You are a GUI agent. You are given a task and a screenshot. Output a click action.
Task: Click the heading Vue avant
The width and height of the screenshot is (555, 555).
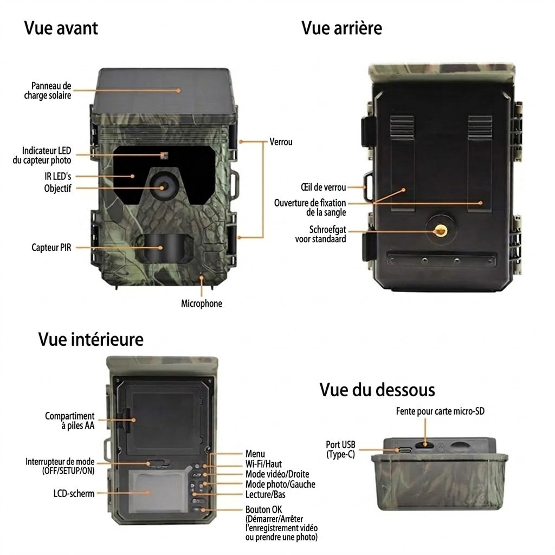pos(61,28)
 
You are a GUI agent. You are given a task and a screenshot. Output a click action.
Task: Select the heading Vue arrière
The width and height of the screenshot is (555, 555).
pos(341,28)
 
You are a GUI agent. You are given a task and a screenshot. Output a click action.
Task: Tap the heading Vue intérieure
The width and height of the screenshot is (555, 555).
pos(91,339)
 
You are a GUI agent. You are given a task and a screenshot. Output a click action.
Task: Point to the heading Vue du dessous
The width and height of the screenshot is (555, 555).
pos(377,390)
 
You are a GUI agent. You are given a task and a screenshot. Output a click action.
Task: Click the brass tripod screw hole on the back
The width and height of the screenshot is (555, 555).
pos(440,231)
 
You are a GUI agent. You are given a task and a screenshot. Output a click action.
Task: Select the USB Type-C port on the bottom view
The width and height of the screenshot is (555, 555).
pos(405,450)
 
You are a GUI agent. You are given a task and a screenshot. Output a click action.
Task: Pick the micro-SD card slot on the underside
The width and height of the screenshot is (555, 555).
pos(424,445)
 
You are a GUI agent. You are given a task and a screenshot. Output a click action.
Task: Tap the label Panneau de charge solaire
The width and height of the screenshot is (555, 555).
pos(48,91)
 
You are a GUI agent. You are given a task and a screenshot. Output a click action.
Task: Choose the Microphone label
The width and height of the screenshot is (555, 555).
pos(202,304)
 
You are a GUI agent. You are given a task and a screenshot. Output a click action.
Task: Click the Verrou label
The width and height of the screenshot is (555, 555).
pos(281,142)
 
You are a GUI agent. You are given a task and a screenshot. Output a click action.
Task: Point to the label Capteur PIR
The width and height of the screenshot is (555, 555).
pos(51,247)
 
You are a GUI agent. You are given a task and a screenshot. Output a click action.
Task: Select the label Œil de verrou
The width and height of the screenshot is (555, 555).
pos(323,187)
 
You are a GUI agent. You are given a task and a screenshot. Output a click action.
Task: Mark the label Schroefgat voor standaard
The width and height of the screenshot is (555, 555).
pos(321,234)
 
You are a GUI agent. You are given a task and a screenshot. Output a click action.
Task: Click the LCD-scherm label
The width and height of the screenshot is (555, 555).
pos(74,493)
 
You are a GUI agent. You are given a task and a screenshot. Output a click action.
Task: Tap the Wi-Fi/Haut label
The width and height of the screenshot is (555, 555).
pos(264,464)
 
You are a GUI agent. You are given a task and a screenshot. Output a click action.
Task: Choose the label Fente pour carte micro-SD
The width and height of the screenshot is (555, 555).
pos(440,411)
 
